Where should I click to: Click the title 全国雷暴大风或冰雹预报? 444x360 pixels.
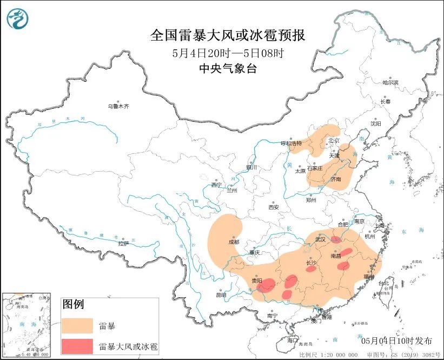227,36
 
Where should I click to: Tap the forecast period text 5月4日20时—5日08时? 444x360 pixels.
227,53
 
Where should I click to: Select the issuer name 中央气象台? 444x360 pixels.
227,68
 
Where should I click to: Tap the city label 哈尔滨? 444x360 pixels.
389,83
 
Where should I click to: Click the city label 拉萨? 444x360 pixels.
123,243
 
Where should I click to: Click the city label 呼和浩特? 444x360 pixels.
290,143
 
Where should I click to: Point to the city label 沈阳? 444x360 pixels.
376,123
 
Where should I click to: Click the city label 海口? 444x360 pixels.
293,341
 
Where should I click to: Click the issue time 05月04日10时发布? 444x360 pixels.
396,341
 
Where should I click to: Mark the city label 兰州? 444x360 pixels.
231,190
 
